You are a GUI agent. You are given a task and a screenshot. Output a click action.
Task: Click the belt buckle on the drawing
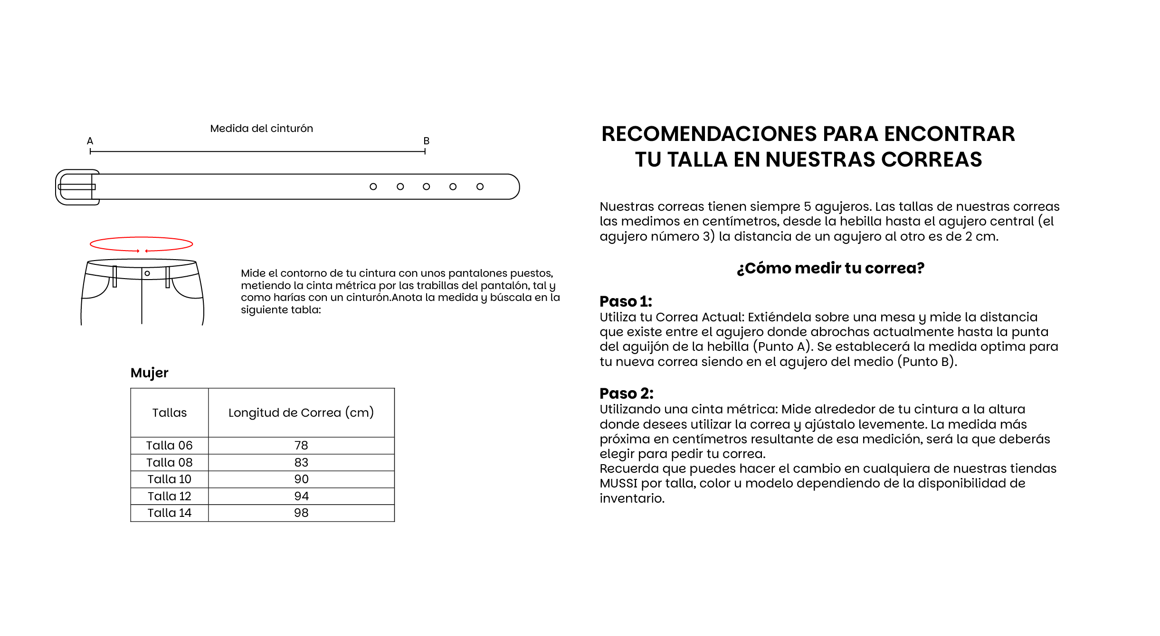click(x=76, y=187)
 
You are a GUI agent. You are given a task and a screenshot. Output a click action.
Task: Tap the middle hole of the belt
click(x=426, y=187)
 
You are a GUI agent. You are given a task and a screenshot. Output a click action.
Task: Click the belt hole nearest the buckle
click(x=373, y=187)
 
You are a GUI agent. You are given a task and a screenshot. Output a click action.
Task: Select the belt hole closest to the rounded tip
click(x=480, y=187)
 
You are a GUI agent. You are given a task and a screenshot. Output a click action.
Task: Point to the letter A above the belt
click(x=90, y=141)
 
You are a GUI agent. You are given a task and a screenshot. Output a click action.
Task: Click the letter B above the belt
click(x=426, y=141)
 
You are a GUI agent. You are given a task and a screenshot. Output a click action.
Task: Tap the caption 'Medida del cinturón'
click(x=261, y=128)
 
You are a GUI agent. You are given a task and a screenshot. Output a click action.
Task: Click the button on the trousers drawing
click(x=147, y=273)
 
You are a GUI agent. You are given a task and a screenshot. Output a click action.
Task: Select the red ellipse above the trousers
click(x=141, y=244)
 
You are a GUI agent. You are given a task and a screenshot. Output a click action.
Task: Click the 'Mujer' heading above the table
click(x=149, y=373)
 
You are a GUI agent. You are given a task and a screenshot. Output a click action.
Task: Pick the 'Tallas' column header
click(x=169, y=412)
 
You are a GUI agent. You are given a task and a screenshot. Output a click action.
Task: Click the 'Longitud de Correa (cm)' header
click(x=301, y=412)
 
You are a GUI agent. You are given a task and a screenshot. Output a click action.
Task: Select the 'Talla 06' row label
click(x=169, y=445)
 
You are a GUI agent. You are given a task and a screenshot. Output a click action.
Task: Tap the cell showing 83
click(x=301, y=462)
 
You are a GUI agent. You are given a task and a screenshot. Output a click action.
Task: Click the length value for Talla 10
click(x=301, y=479)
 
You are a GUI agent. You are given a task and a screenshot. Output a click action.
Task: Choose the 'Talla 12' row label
click(x=169, y=496)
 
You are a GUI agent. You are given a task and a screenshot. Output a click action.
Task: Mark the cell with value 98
click(x=301, y=513)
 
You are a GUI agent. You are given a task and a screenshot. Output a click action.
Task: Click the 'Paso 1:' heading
click(x=626, y=301)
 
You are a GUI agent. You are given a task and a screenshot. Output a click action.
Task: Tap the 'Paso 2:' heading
click(x=626, y=393)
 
